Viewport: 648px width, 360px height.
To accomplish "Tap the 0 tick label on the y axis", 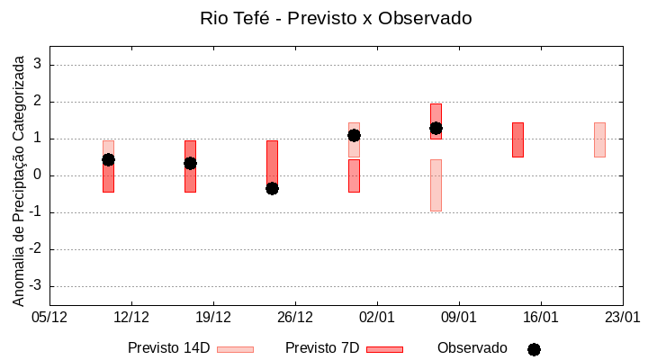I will coord(38,175).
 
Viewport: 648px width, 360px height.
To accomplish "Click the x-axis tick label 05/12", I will coord(49,318).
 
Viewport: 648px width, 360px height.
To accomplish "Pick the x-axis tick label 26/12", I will coord(295,318).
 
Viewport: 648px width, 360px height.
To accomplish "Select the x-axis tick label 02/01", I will coord(377,318).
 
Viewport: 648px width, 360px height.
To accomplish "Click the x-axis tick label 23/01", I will coord(622,318).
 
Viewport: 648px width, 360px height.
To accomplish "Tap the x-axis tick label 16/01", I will coord(540,318).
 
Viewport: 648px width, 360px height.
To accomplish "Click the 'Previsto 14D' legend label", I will coord(169,348).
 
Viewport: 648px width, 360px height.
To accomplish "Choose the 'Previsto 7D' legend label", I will coord(322,348).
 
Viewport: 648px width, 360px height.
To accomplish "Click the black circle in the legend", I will coord(534,349).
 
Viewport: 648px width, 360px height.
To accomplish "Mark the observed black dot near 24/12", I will coord(272,188).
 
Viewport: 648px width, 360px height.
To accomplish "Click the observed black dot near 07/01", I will coord(436,128).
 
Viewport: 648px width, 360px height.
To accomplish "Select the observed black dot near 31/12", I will coord(354,135).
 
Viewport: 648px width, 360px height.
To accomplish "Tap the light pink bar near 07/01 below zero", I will coord(436,184).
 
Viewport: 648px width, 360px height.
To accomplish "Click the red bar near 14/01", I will coord(517,139).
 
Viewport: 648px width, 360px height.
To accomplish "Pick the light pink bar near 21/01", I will coord(599,139).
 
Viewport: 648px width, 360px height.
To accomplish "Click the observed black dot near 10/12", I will coord(108,159).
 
